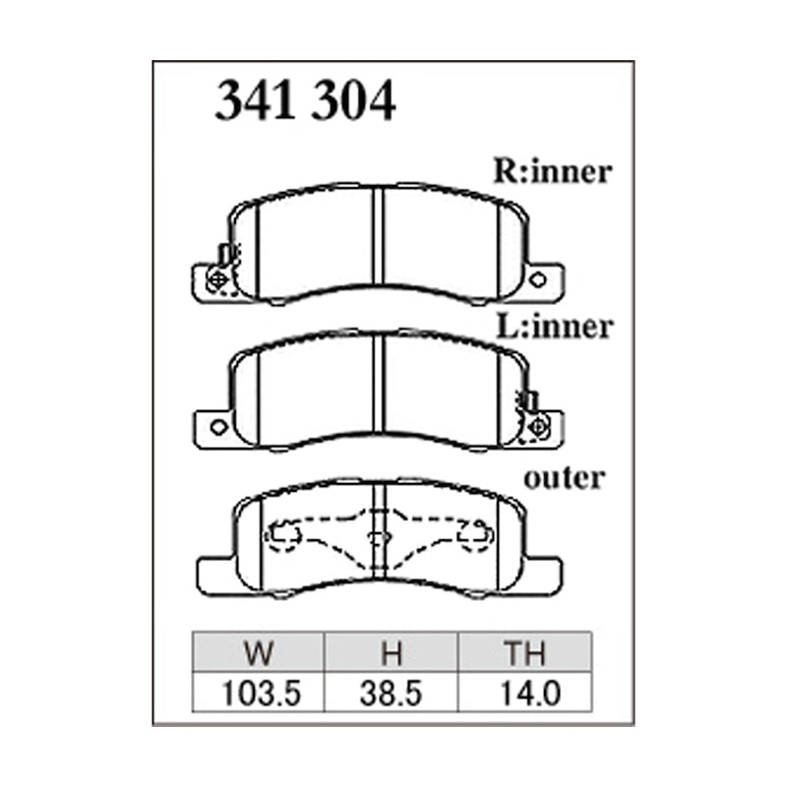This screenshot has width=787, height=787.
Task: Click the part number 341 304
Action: [305, 100]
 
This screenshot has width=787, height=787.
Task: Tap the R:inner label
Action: [553, 172]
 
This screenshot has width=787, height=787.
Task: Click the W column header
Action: [259, 653]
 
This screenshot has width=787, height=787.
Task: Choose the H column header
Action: [393, 653]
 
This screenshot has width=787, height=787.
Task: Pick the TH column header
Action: [525, 653]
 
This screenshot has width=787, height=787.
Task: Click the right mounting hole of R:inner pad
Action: [537, 279]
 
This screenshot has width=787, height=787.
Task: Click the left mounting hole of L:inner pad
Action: [218, 427]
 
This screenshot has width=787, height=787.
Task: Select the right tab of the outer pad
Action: [544, 573]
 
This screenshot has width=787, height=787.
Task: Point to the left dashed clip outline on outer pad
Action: [283, 536]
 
